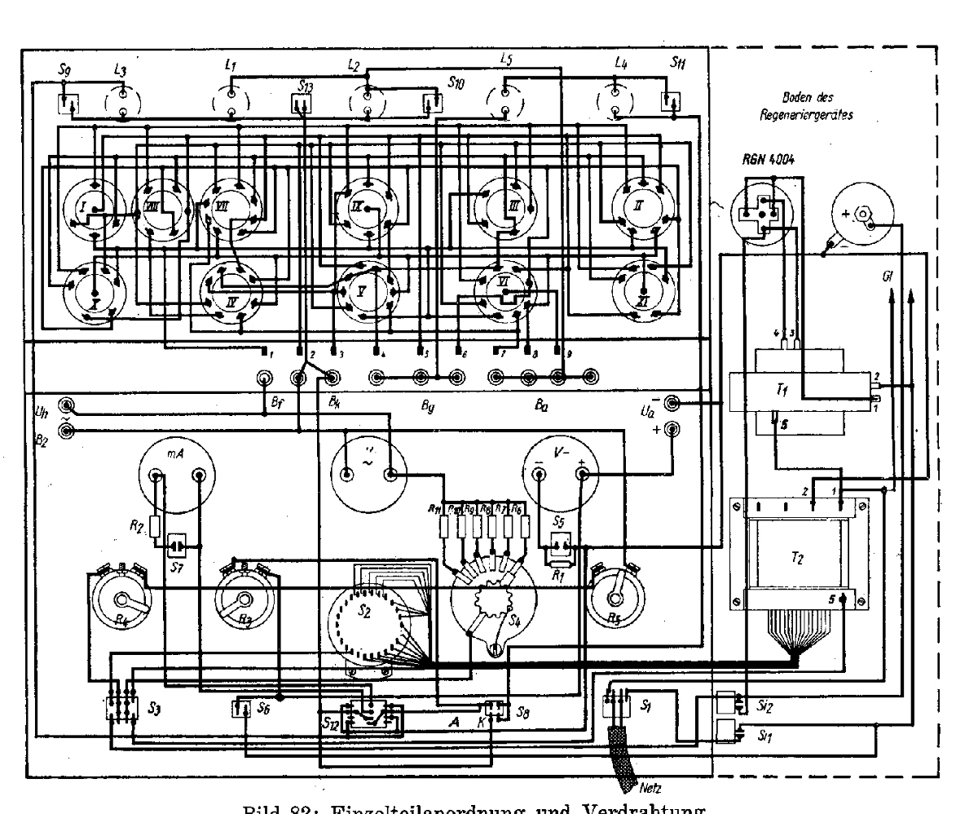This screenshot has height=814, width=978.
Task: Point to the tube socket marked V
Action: [363, 290]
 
